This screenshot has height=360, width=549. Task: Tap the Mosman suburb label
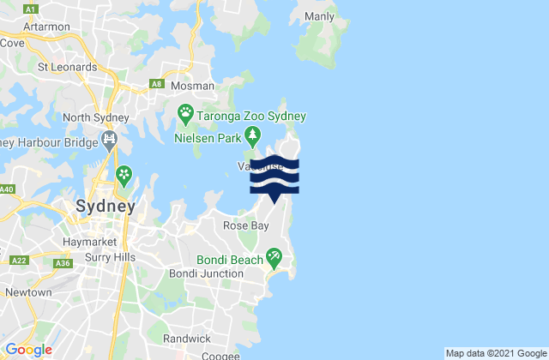pos(184,87)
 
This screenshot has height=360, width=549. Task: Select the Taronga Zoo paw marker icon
pos(185,112)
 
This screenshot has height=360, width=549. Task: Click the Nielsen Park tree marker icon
pos(252,135)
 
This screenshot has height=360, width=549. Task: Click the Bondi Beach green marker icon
pos(274,255)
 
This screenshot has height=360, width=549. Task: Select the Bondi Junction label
pos(213,273)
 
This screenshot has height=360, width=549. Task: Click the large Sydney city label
pos(106,207)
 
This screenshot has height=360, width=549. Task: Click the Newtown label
pos(27,292)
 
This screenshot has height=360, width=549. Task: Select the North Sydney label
pos(95,117)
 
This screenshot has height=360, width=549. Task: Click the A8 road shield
pos(157,83)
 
